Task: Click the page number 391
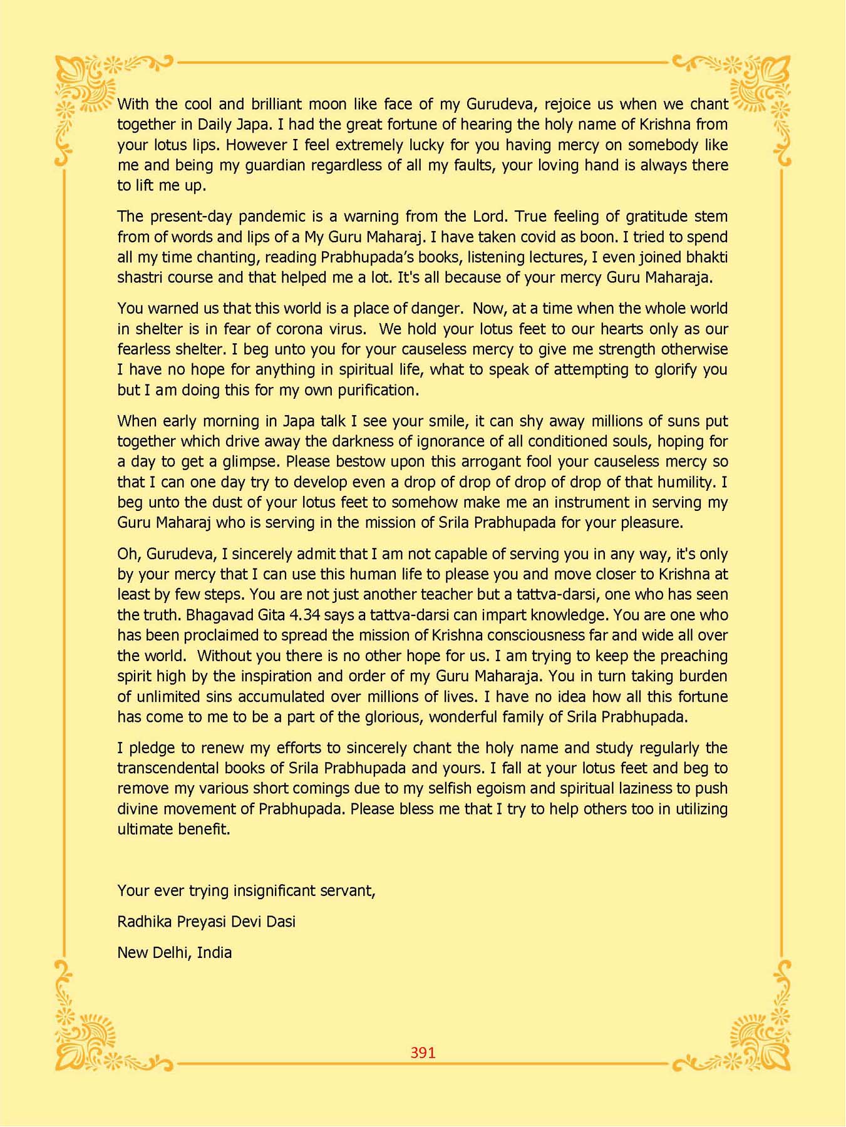(x=423, y=1052)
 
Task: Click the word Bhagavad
(x=215, y=615)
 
